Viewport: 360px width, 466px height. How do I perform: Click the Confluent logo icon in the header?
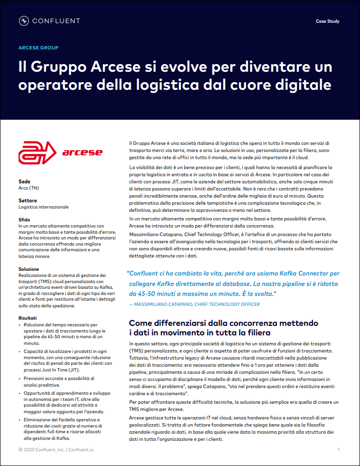point(24,21)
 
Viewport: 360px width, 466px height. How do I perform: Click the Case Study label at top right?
point(328,21)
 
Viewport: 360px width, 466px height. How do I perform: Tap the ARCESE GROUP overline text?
point(38,48)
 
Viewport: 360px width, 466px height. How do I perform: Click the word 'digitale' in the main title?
point(304,85)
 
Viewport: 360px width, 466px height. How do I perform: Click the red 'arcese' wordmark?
point(82,152)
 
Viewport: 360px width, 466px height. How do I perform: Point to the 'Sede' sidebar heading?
point(24,182)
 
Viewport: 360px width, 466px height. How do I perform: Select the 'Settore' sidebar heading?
point(28,201)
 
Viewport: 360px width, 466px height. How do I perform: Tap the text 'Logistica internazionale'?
point(44,207)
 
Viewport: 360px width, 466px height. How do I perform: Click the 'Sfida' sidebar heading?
point(24,220)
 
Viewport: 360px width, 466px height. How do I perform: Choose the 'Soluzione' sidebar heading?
point(29,269)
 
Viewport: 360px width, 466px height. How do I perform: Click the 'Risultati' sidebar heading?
point(28,318)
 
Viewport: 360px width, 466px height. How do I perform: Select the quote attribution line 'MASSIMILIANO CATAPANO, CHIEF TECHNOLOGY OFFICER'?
point(197,304)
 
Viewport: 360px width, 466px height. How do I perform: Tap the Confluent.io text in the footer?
point(79,449)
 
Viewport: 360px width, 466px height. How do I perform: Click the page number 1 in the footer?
point(338,449)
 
